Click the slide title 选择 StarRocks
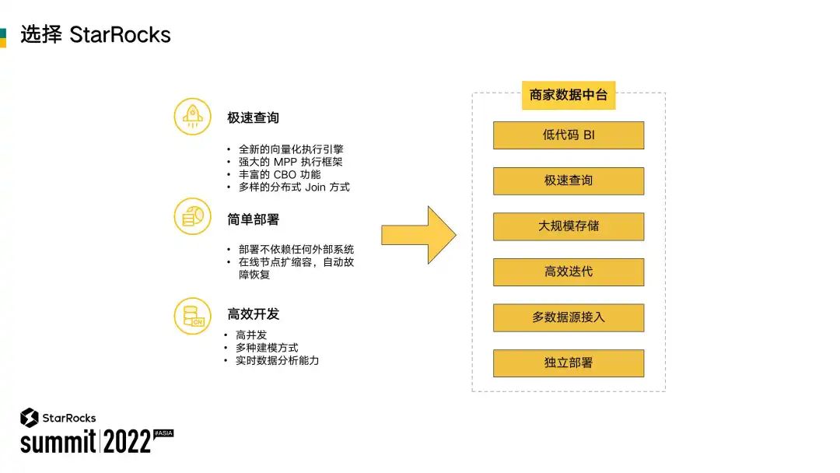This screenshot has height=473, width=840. point(95,35)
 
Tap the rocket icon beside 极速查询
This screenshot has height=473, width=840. point(192,117)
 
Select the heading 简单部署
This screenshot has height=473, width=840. point(253,219)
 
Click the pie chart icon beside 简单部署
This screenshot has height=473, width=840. point(192,216)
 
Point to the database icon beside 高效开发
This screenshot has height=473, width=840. point(192,315)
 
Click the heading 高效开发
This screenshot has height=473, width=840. point(253,314)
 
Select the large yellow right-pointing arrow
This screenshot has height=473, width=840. point(418,235)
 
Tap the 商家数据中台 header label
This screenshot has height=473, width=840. point(568,95)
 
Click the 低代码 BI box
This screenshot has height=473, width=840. point(569,135)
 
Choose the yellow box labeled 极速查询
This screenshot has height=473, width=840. point(569,180)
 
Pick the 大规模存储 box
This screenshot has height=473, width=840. point(569,226)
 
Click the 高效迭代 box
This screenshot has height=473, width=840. point(569,272)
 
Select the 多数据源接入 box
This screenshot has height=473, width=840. point(569,317)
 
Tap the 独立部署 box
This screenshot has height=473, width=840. point(569,363)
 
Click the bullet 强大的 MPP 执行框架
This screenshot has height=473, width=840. point(290,162)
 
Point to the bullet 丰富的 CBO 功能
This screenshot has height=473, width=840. point(279,174)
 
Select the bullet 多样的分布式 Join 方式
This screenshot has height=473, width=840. point(294,187)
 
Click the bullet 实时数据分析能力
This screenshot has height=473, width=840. point(277,361)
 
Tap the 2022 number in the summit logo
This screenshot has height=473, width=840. point(127,443)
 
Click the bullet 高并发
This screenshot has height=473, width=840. point(251,335)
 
